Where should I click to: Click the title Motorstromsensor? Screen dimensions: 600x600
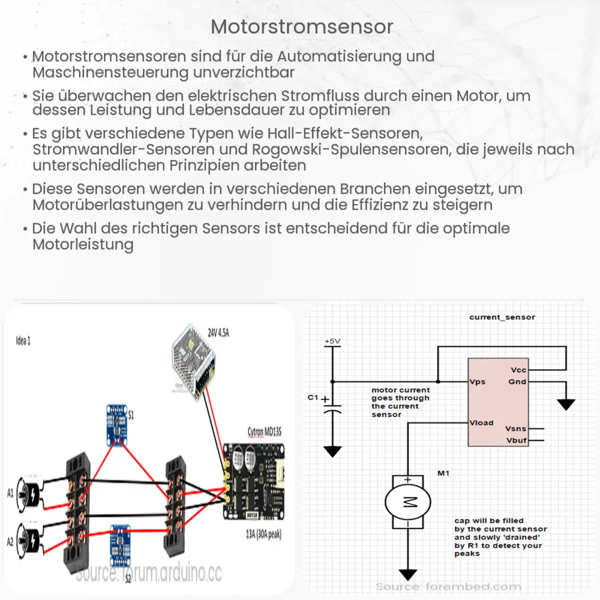[302, 27]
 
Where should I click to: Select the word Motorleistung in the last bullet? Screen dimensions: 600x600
[83, 245]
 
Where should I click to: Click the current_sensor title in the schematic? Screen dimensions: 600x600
[502, 317]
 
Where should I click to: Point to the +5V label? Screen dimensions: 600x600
[332, 341]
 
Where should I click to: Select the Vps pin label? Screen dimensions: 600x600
[478, 382]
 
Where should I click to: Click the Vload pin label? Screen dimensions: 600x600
[481, 422]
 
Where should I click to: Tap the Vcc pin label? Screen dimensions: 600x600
[518, 370]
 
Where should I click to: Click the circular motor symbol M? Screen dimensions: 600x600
[407, 503]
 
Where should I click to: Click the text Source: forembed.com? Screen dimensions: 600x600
[448, 586]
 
